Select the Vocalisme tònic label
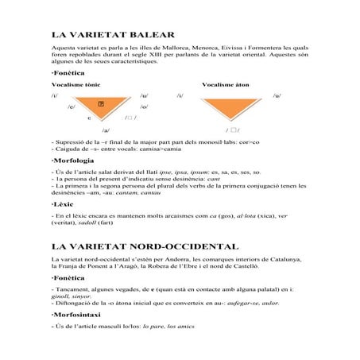coord(75,83)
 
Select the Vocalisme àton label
coord(226,83)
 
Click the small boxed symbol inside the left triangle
coord(101,104)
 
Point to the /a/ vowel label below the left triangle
coord(106,129)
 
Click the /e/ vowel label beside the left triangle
coord(72,106)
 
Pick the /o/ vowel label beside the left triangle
coord(144,106)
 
